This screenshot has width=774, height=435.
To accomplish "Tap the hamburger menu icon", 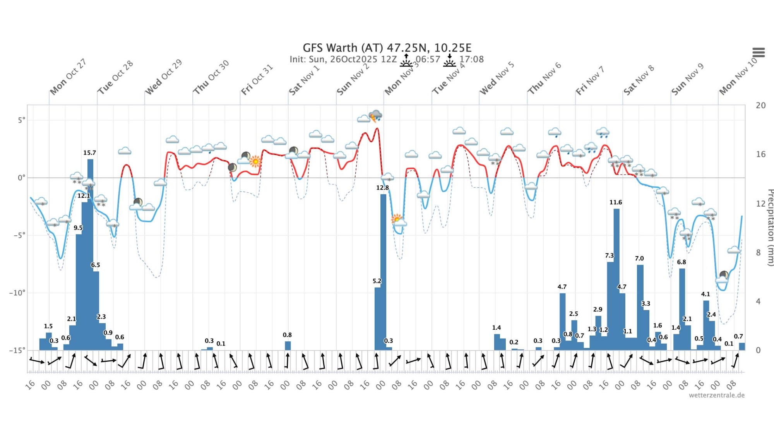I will click(759, 52).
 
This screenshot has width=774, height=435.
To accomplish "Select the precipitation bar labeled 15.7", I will click(90, 252).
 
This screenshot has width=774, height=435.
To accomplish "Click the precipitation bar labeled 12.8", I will click(383, 271).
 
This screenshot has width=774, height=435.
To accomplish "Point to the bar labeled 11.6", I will click(616, 279).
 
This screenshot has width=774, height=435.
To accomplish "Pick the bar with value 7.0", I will click(640, 306).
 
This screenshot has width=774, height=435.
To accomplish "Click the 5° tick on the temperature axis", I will click(22, 120).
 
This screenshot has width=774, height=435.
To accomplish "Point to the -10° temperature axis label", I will click(17, 293).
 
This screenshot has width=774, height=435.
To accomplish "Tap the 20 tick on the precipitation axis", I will click(760, 105).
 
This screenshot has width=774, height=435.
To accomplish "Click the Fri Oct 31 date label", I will click(257, 79).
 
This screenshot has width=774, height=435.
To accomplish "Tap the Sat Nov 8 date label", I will click(639, 80).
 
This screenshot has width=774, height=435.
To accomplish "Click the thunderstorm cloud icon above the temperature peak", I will click(375, 115).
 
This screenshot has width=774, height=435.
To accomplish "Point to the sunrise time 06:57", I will click(428, 59).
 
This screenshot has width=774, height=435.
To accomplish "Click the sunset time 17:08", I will click(471, 59).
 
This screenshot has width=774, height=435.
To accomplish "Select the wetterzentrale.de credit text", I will click(716, 395).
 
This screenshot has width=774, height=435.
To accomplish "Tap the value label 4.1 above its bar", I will click(706, 294).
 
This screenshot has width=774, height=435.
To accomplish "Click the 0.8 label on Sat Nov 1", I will click(287, 335).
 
